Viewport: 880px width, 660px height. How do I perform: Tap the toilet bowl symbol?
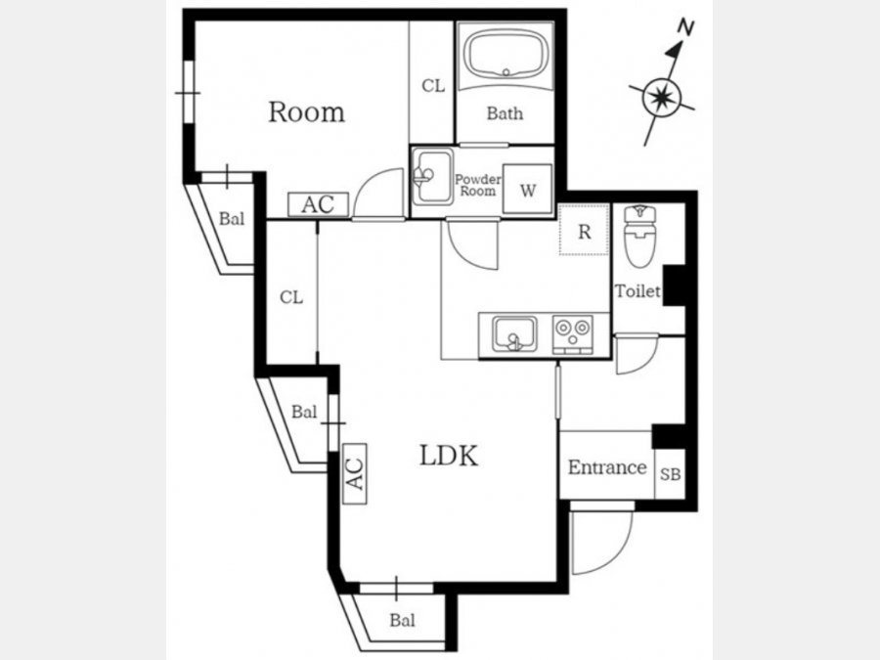point(639,237)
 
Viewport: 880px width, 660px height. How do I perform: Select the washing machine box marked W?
point(527,189)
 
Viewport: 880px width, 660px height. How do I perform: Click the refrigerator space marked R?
point(585,230)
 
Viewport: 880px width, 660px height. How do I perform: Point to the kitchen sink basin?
point(514,334)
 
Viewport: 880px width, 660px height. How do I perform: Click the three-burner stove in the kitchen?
point(572,335)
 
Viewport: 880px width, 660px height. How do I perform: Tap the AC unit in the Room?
point(318,204)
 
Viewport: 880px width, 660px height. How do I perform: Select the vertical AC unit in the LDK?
point(355,473)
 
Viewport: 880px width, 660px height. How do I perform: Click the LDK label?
point(449,456)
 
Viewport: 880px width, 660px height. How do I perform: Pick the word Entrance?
point(606,467)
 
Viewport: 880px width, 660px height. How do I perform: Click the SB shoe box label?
point(670,474)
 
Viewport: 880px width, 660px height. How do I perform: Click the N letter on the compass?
point(685,27)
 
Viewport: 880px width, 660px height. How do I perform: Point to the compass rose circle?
point(662,98)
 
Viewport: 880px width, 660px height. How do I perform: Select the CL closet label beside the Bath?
point(433,86)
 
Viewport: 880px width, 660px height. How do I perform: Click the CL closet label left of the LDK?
point(291,297)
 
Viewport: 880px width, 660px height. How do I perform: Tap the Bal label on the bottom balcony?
point(403,620)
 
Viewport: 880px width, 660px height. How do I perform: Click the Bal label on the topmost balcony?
point(231,218)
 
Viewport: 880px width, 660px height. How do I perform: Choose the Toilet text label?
point(638,290)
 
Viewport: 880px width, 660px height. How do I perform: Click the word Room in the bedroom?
point(306,111)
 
